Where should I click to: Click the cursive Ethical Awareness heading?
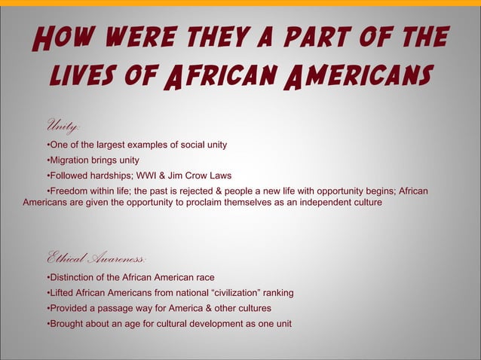click(x=96, y=258)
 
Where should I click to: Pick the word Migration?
click(x=75, y=160)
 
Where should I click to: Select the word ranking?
click(x=275, y=292)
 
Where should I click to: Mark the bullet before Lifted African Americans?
click(x=48, y=292)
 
